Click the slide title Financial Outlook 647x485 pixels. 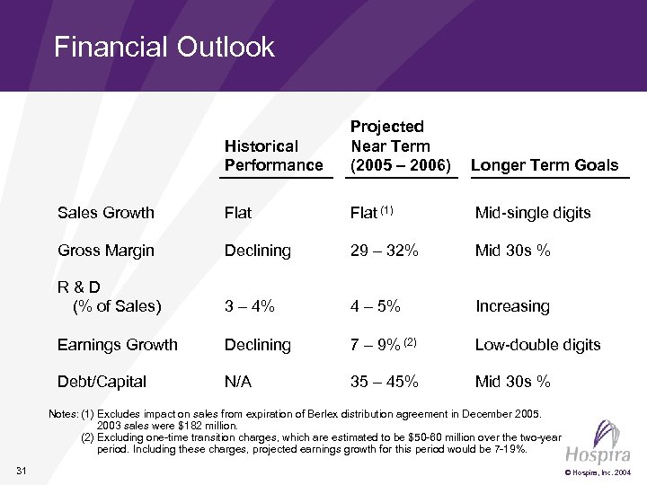click(164, 47)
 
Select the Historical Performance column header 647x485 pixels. click(273, 155)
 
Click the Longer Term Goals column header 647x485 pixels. click(545, 164)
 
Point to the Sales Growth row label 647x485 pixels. click(105, 214)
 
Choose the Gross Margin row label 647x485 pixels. click(105, 251)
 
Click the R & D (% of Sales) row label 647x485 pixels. click(109, 297)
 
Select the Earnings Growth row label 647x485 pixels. click(117, 344)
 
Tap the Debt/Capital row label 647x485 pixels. click(102, 382)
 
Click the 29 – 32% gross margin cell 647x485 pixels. click(384, 251)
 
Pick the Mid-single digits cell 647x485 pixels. click(533, 214)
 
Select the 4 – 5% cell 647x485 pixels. click(377, 306)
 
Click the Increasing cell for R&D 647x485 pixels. click(512, 306)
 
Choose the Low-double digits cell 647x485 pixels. click(537, 344)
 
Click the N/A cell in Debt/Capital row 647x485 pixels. click(238, 382)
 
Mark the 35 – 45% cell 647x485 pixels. click(384, 382)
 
